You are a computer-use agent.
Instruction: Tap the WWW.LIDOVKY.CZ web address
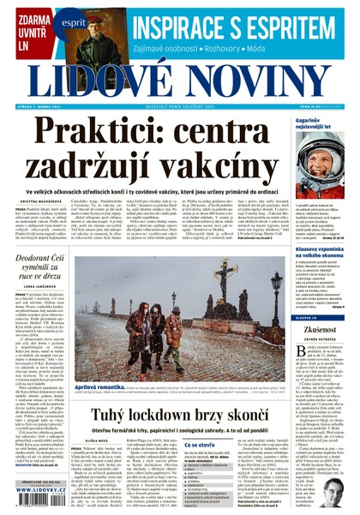(x=39, y=494)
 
